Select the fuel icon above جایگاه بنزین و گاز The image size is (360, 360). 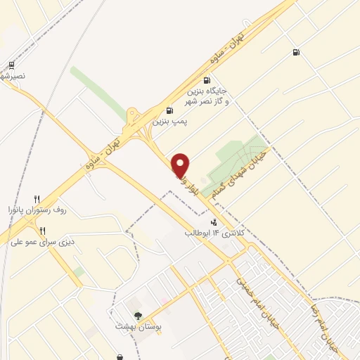(x=206, y=80)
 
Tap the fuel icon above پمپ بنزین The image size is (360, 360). (x=169, y=110)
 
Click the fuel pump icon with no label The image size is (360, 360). (x=295, y=52)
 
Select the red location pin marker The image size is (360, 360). (x=181, y=165)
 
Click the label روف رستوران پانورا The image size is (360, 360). (x=36, y=210)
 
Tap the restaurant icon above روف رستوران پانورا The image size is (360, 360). (x=37, y=199)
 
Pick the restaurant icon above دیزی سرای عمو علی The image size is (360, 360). (x=42, y=231)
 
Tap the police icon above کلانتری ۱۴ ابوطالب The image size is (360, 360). (x=214, y=222)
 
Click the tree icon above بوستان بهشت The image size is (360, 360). (x=138, y=316)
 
